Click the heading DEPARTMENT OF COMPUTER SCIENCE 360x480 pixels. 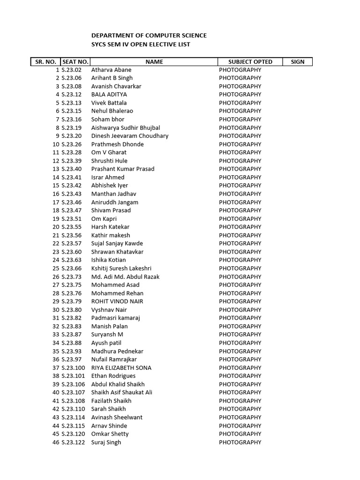(x=149, y=36)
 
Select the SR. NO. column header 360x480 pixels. (x=45, y=62)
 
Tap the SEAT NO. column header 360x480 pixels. (x=75, y=62)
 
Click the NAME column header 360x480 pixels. (x=154, y=62)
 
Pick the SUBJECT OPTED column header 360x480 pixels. (x=250, y=62)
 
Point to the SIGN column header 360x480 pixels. (x=298, y=62)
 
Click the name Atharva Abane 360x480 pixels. (x=111, y=70)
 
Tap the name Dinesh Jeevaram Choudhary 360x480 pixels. (x=130, y=136)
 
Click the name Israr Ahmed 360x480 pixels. (x=108, y=177)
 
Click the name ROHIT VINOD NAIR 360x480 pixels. (x=117, y=301)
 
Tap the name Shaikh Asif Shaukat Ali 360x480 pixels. (x=122, y=392)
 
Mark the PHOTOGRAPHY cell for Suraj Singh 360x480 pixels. (x=240, y=442)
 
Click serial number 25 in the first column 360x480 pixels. (x=56, y=268)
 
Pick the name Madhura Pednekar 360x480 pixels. (x=117, y=351)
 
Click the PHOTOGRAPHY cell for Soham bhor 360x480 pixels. (x=240, y=120)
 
